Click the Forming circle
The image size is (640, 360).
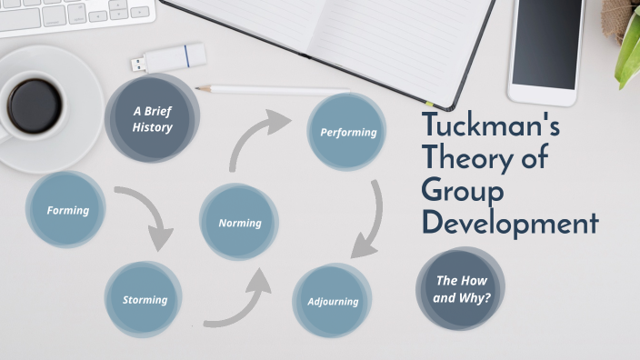tap(68, 210)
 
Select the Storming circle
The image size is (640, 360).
tap(145, 299)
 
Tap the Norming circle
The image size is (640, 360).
tap(239, 222)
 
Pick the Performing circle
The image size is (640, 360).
tap(347, 133)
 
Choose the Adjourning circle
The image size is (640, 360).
tap(333, 301)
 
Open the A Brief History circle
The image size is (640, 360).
tap(152, 119)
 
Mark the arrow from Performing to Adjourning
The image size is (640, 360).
tap(371, 219)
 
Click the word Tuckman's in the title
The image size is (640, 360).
tap(491, 128)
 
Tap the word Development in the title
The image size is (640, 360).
tap(510, 223)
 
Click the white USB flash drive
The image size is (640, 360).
tap(172, 59)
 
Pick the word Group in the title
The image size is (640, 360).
tap(462, 191)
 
